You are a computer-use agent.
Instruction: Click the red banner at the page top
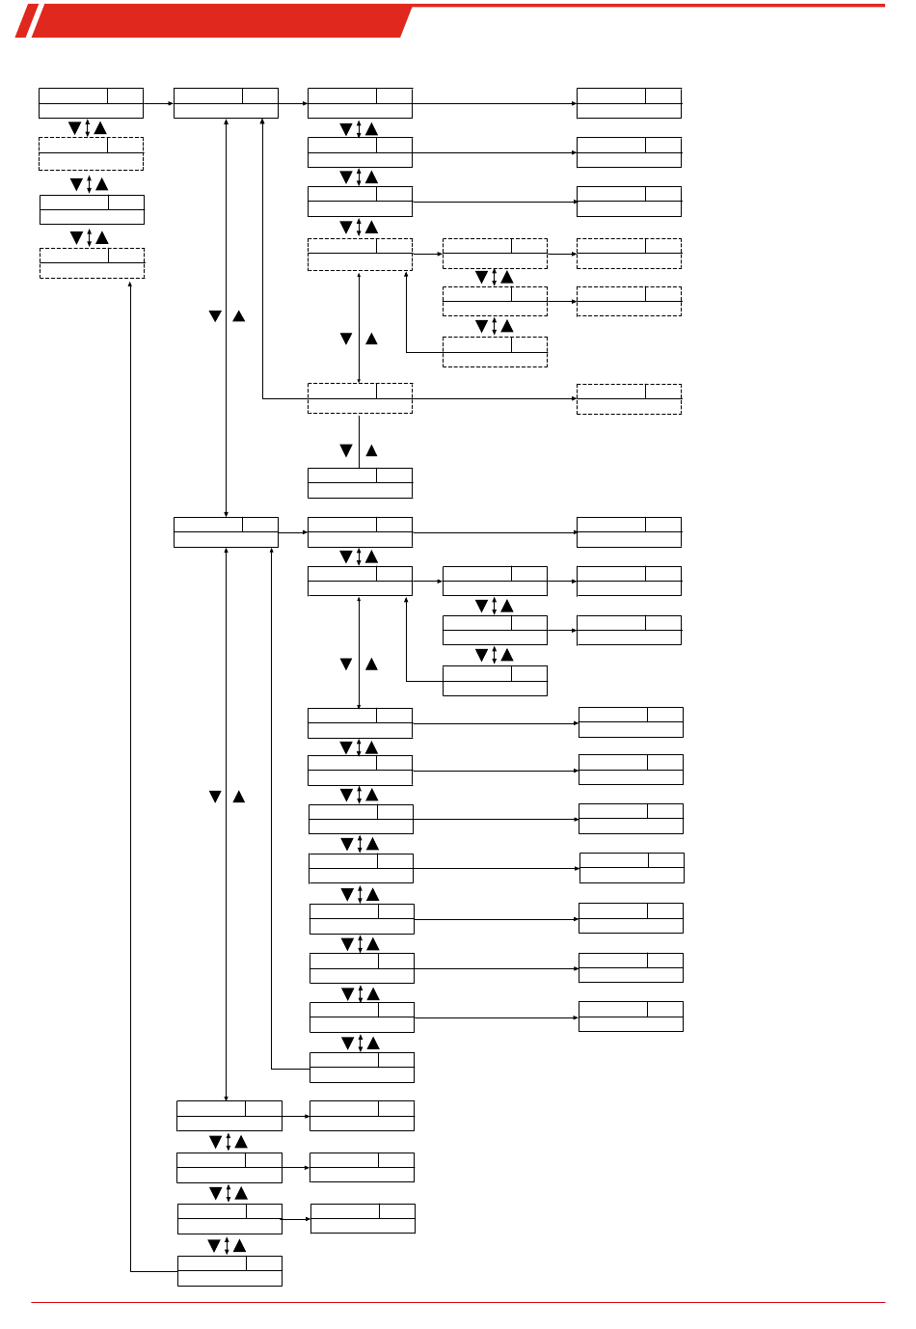coord(222,21)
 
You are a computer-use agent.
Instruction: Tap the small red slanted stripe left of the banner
coord(26,21)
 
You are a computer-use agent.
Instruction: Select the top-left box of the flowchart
coord(91,103)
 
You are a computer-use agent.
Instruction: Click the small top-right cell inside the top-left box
coord(125,95)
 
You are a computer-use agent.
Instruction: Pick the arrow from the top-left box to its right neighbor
coord(158,103)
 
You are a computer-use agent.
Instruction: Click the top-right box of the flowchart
coord(629,103)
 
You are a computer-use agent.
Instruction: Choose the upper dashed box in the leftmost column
coord(91,153)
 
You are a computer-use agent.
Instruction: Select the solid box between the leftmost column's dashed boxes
coord(92,209)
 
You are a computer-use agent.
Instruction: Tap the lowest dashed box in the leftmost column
coord(92,263)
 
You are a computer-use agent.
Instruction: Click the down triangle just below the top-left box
coord(75,128)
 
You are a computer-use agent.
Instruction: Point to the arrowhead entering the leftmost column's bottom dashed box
coord(130,285)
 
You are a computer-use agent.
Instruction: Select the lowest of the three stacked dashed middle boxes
coord(495,352)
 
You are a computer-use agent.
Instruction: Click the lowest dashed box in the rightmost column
coord(629,399)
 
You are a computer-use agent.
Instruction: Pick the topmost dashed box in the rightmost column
coord(629,254)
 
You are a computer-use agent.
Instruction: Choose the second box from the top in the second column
coord(226,532)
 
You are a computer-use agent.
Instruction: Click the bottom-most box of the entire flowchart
coord(229,1271)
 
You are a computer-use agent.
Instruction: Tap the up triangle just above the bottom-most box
coord(240,1245)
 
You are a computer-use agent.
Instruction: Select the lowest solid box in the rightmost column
coord(631,1017)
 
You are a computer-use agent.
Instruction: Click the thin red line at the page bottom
coord(458,1302)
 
